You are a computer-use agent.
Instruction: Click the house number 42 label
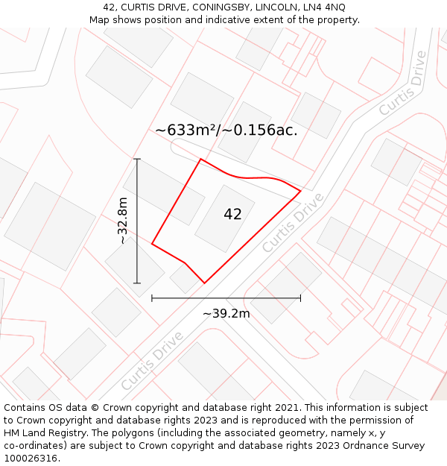coord(232,215)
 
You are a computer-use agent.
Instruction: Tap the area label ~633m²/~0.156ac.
coord(226,130)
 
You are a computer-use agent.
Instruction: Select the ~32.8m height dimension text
coord(123,221)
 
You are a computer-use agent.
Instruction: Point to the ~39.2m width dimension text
coord(226,314)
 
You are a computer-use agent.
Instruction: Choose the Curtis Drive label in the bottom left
coord(152,362)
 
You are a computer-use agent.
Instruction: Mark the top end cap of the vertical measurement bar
coord(137,159)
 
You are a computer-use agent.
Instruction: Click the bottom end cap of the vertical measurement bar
coord(137,283)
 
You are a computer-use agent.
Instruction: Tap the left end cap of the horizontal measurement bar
coord(152,298)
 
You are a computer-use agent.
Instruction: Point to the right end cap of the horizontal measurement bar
coord(301,298)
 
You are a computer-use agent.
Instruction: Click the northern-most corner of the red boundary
coord(200,159)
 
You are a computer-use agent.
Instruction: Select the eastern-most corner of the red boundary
coord(300,191)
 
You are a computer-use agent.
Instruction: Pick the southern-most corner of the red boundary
coord(204,283)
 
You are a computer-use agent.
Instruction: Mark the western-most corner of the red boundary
coord(152,243)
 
